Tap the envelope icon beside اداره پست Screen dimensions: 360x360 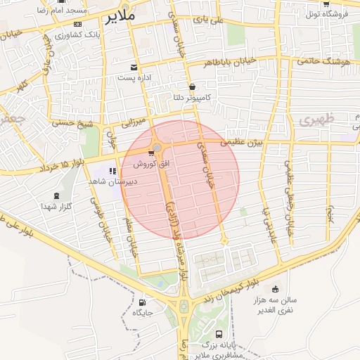134,68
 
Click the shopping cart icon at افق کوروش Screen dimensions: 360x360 151,153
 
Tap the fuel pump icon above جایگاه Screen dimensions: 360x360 143,304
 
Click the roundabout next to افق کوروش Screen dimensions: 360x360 157,148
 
